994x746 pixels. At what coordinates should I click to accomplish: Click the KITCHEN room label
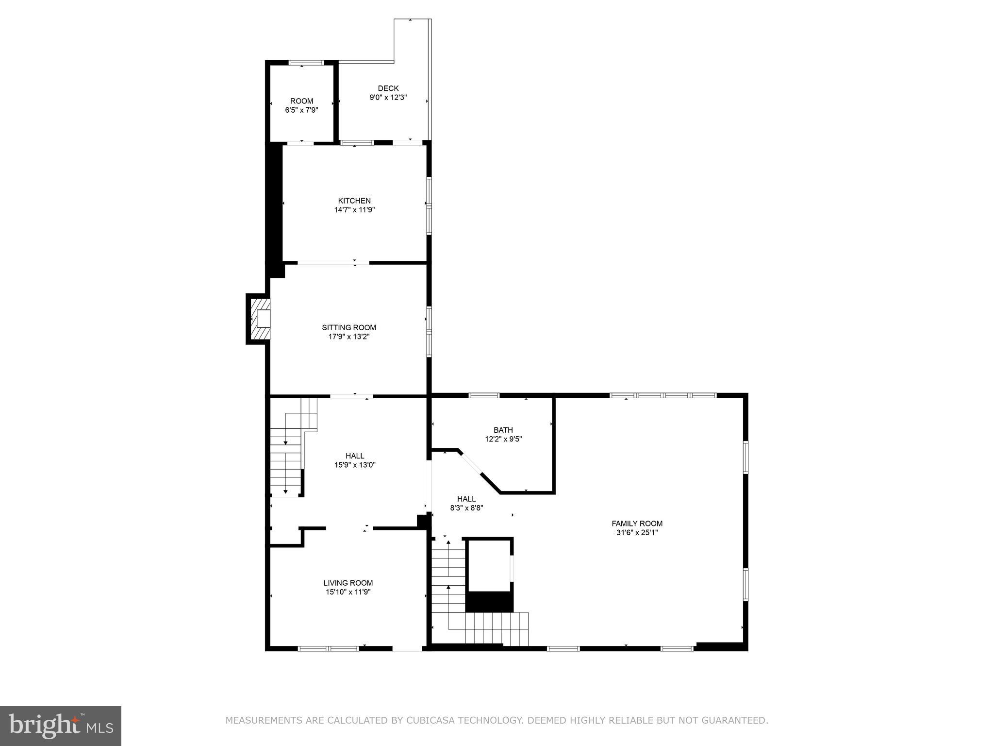[354, 201]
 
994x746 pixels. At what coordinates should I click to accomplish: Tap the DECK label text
[388, 88]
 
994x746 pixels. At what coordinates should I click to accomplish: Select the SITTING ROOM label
[349, 328]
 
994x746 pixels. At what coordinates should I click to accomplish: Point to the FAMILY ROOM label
[637, 524]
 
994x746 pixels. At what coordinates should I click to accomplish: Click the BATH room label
[503, 430]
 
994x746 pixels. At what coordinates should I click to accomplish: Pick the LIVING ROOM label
[348, 583]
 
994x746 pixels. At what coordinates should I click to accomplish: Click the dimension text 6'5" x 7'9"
[301, 110]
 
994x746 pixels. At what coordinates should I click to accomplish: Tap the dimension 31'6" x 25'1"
[637, 532]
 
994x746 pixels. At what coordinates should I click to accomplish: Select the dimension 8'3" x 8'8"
[466, 508]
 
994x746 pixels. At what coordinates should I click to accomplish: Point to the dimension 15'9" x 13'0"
[355, 465]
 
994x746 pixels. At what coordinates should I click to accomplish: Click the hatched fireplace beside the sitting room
[258, 319]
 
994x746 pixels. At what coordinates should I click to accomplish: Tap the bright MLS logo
[61, 726]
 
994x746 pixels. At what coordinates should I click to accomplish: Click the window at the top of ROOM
[306, 63]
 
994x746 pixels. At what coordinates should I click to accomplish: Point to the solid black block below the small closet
[489, 602]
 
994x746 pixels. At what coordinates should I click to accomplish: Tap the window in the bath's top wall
[484, 395]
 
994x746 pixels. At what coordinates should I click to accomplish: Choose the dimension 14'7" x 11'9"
[354, 210]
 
